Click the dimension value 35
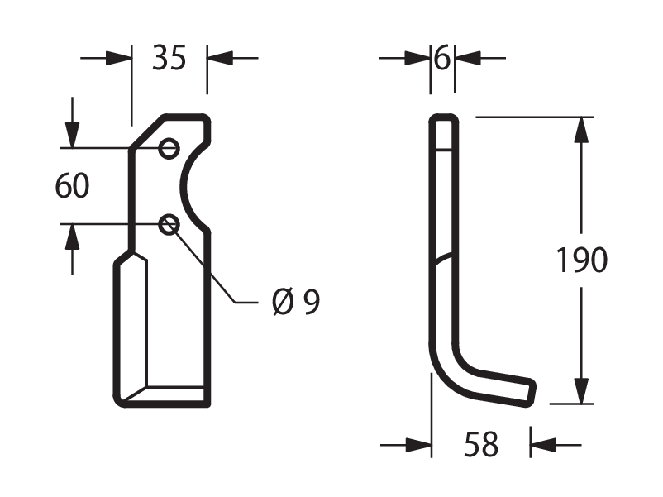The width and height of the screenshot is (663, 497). coord(169,58)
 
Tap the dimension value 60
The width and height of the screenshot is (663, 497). coord(72,185)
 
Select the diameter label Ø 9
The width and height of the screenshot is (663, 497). coord(296,302)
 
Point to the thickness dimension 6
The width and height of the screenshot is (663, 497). coord(442,58)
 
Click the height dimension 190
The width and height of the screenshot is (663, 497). coord(581,260)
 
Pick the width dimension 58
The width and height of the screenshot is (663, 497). coord(481,444)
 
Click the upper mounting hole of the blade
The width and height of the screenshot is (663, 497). coord(169,149)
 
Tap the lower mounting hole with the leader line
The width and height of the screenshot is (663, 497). coord(169,225)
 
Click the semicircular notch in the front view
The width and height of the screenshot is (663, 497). coord(183,186)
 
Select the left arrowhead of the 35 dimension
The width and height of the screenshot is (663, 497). coord(118,58)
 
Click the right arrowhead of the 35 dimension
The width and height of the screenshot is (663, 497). coord(220,58)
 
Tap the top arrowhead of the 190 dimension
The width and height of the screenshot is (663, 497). coord(581,130)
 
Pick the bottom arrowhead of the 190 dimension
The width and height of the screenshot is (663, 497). coord(581,391)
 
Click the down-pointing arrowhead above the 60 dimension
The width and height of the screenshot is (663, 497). coord(72,135)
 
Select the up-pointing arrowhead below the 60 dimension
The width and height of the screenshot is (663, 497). coord(72,237)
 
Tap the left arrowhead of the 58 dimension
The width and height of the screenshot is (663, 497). coord(418,445)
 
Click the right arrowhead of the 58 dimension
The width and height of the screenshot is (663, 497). coord(543,445)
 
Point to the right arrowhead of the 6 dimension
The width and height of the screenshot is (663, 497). coord(468,58)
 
